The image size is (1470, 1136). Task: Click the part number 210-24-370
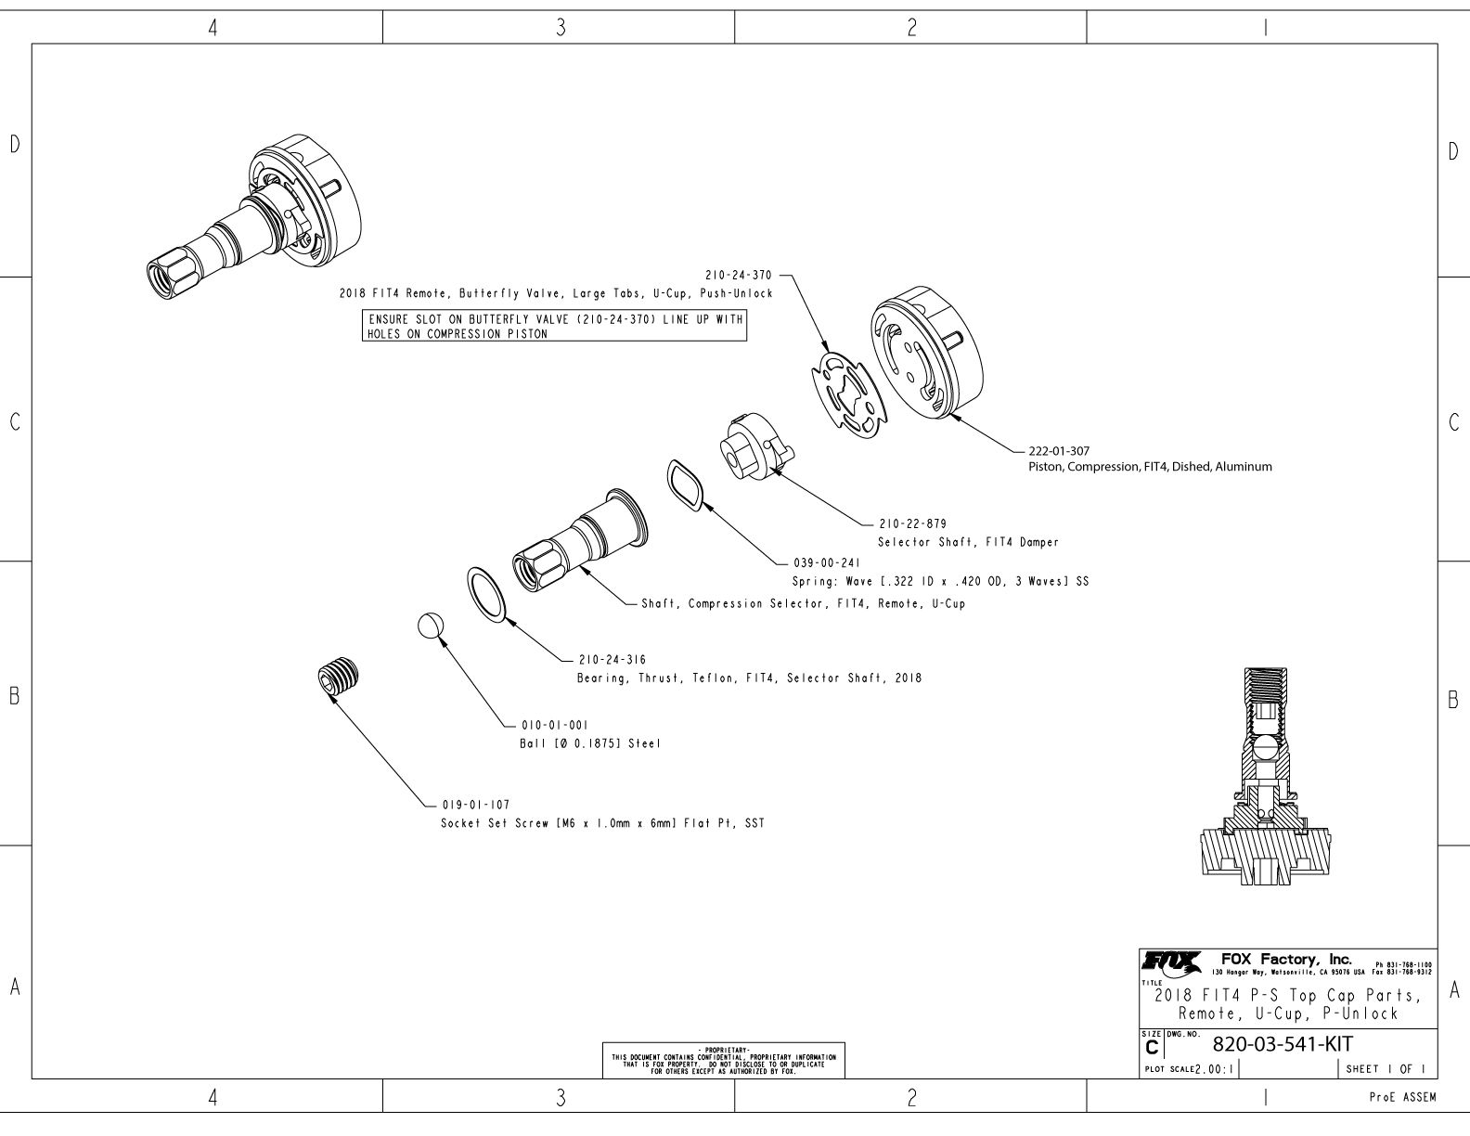click(x=739, y=275)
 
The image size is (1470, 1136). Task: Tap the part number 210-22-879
click(x=912, y=523)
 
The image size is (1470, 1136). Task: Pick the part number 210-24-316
click(x=612, y=660)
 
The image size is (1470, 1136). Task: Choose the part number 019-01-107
click(x=475, y=805)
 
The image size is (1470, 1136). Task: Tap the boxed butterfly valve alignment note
click(x=553, y=327)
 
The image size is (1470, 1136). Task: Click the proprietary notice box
click(x=724, y=1061)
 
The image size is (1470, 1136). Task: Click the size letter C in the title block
click(x=1152, y=1048)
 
